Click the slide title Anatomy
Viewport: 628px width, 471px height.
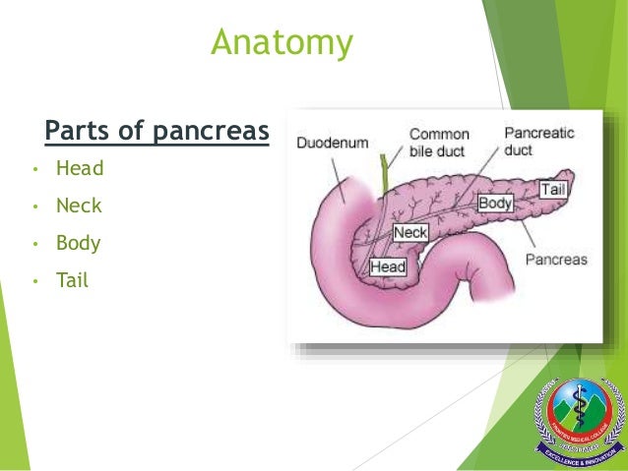click(x=283, y=43)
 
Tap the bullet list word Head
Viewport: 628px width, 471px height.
click(x=80, y=168)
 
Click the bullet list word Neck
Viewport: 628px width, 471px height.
click(x=79, y=206)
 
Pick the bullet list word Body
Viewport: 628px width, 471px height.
click(x=79, y=243)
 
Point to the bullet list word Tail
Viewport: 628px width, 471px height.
click(x=72, y=280)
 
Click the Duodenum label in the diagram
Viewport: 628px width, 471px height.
click(x=333, y=143)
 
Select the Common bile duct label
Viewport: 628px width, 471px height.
click(x=439, y=143)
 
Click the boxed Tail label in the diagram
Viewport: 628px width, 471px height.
click(x=552, y=188)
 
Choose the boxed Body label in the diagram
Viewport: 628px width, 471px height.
click(x=495, y=203)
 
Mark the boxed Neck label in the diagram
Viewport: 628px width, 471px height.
click(x=409, y=233)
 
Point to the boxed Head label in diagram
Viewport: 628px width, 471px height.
click(x=388, y=266)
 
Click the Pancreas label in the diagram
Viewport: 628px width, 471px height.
click(x=555, y=261)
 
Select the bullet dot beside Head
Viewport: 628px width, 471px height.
click(x=34, y=169)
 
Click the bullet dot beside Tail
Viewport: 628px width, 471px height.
click(x=34, y=281)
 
